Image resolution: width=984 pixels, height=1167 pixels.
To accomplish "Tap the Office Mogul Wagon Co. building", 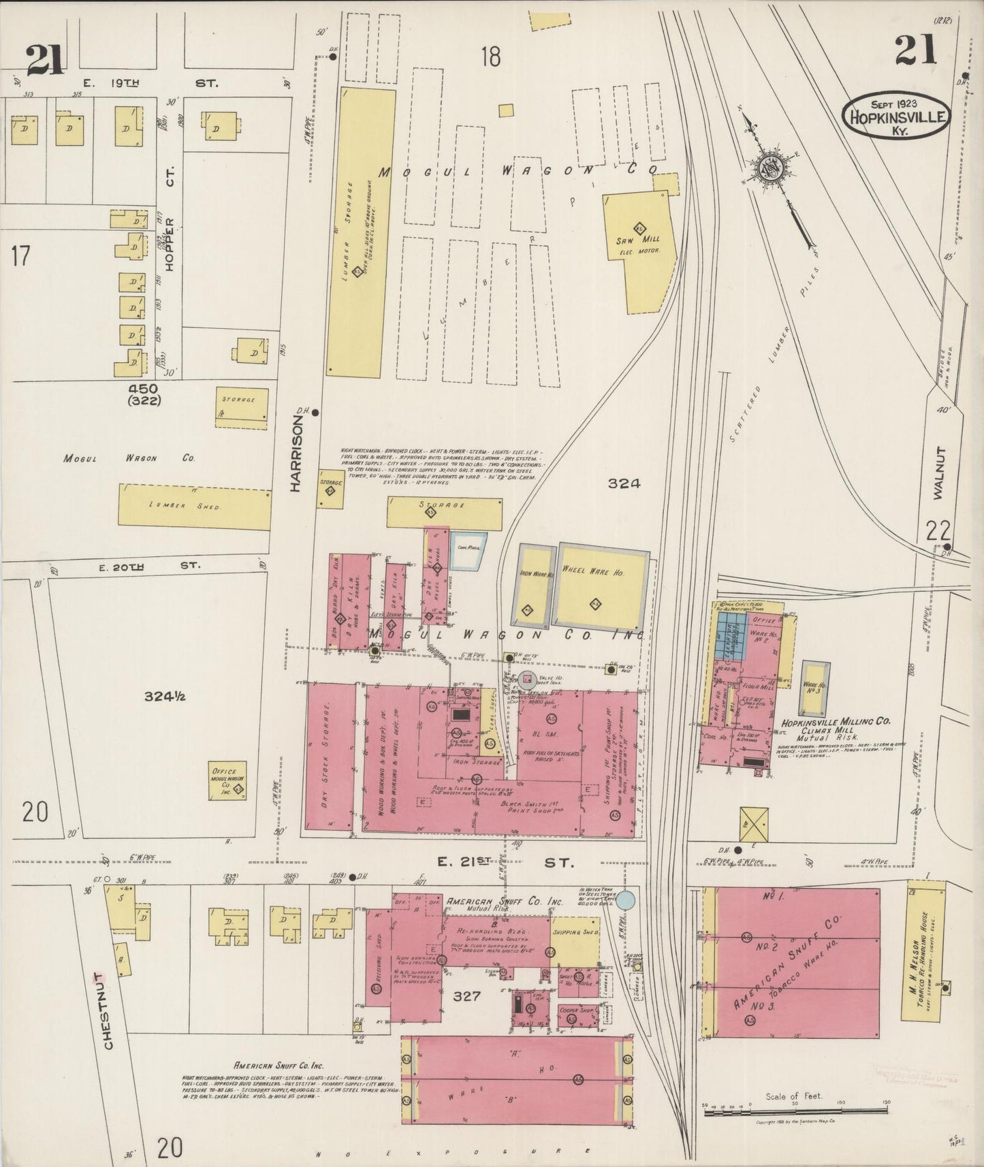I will (x=227, y=780).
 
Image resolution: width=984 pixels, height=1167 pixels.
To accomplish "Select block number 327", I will (x=466, y=996).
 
